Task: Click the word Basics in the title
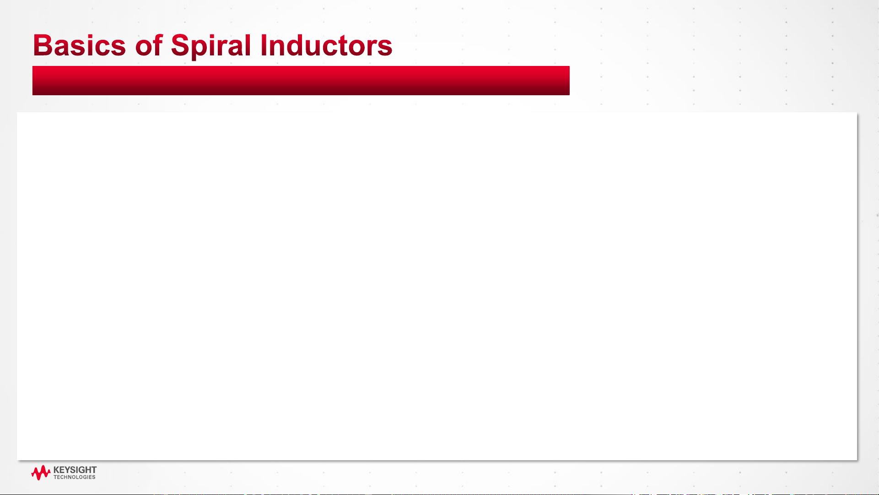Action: coord(79,45)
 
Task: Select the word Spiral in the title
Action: coord(211,47)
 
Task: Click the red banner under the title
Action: coord(301,81)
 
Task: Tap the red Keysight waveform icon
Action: coord(41,473)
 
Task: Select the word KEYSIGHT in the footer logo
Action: coord(75,470)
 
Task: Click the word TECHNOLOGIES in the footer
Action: coord(75,477)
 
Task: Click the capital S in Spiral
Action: coord(181,45)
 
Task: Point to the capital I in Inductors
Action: coord(264,45)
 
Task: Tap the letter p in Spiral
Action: coord(203,50)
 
